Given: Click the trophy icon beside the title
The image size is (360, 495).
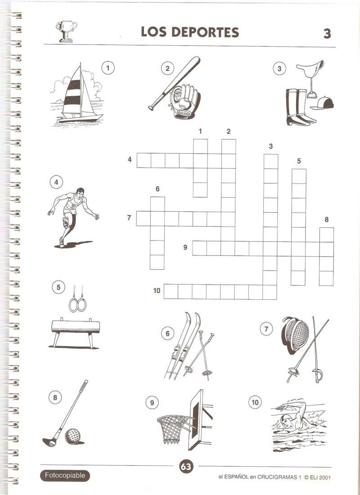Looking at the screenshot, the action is (x=66, y=31).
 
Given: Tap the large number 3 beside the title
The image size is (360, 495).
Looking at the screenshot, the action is (x=327, y=33).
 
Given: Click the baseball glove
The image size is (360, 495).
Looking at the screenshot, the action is (x=184, y=101).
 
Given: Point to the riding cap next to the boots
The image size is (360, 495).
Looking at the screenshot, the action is (x=323, y=103).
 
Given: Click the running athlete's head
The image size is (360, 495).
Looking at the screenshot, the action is (x=80, y=192).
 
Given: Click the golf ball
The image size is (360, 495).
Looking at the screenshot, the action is (x=73, y=436).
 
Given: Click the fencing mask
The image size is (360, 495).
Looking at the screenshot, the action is (x=296, y=333).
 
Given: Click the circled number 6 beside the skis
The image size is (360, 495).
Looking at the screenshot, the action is (x=167, y=333).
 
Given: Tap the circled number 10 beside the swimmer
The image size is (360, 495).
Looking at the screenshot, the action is (x=255, y=402).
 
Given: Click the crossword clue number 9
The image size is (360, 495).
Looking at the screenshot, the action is (x=185, y=247).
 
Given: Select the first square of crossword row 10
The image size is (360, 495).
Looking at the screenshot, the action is (x=171, y=291).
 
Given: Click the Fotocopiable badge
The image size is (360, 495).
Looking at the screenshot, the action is (x=65, y=475).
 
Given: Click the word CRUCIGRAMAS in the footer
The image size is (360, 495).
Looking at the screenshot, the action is (x=277, y=477).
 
